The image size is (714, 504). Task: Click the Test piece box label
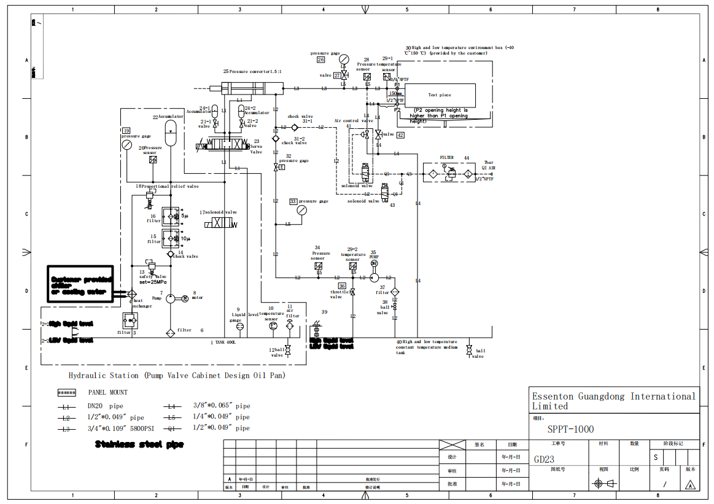[x=440, y=95]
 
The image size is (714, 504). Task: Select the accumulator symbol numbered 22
[x=171, y=127]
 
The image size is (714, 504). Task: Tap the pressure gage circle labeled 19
[x=126, y=145]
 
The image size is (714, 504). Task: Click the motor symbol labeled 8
[x=184, y=298]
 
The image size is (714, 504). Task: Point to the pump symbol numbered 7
[x=171, y=298]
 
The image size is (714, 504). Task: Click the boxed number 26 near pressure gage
[x=320, y=60]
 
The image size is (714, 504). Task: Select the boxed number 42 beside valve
[x=400, y=135]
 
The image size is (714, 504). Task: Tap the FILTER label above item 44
[x=446, y=158]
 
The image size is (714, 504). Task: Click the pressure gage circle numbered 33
[x=301, y=210]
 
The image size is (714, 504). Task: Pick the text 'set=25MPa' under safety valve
[x=153, y=282]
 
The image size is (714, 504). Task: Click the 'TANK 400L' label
[x=225, y=342]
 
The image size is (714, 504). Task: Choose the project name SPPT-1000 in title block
[x=570, y=429]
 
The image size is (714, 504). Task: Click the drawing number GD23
[x=545, y=459]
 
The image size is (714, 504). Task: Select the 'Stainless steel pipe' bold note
[x=139, y=444]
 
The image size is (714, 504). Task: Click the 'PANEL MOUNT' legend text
[x=107, y=392]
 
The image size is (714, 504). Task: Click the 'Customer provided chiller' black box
[x=80, y=285]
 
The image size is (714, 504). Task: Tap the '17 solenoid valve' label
[x=218, y=212]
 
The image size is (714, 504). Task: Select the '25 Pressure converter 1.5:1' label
[x=252, y=72]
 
